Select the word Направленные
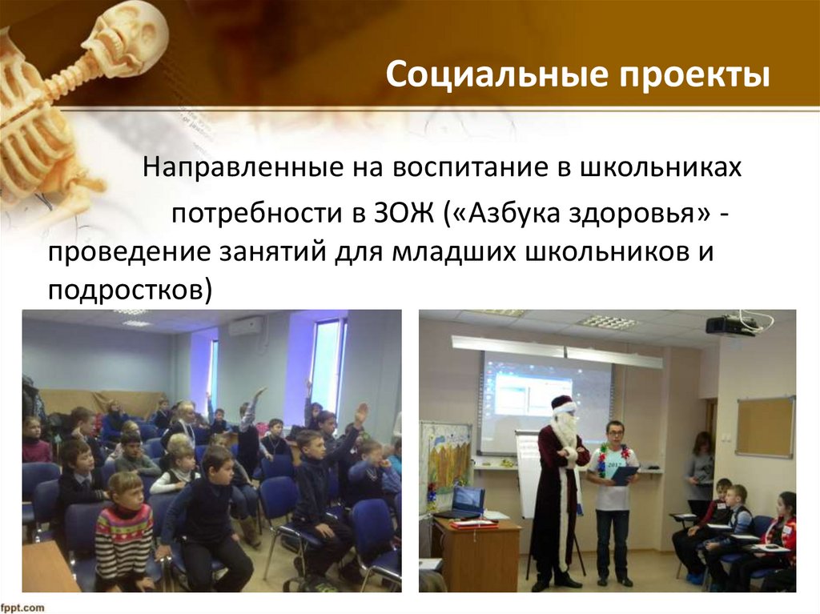[x=238, y=169]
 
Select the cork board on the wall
[x=765, y=427]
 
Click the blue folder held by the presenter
[x=624, y=476]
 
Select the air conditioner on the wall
[x=246, y=326]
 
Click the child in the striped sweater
[x=124, y=528]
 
